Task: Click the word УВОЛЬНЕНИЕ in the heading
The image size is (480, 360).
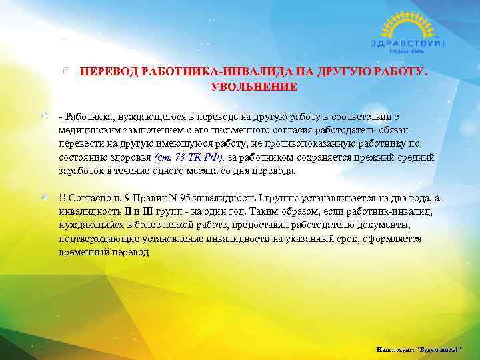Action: coord(254,87)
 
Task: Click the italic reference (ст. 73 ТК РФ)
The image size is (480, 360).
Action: coord(189,158)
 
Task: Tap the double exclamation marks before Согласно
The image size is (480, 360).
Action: coord(62,199)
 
